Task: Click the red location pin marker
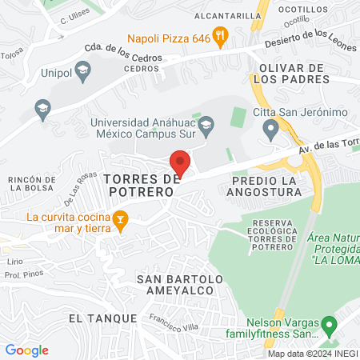(x=180, y=162)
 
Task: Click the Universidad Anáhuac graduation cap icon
(x=206, y=123)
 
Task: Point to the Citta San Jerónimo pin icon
(x=271, y=128)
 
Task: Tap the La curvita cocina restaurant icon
(x=120, y=220)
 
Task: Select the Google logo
(x=27, y=350)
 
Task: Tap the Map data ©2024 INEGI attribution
(x=312, y=354)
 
